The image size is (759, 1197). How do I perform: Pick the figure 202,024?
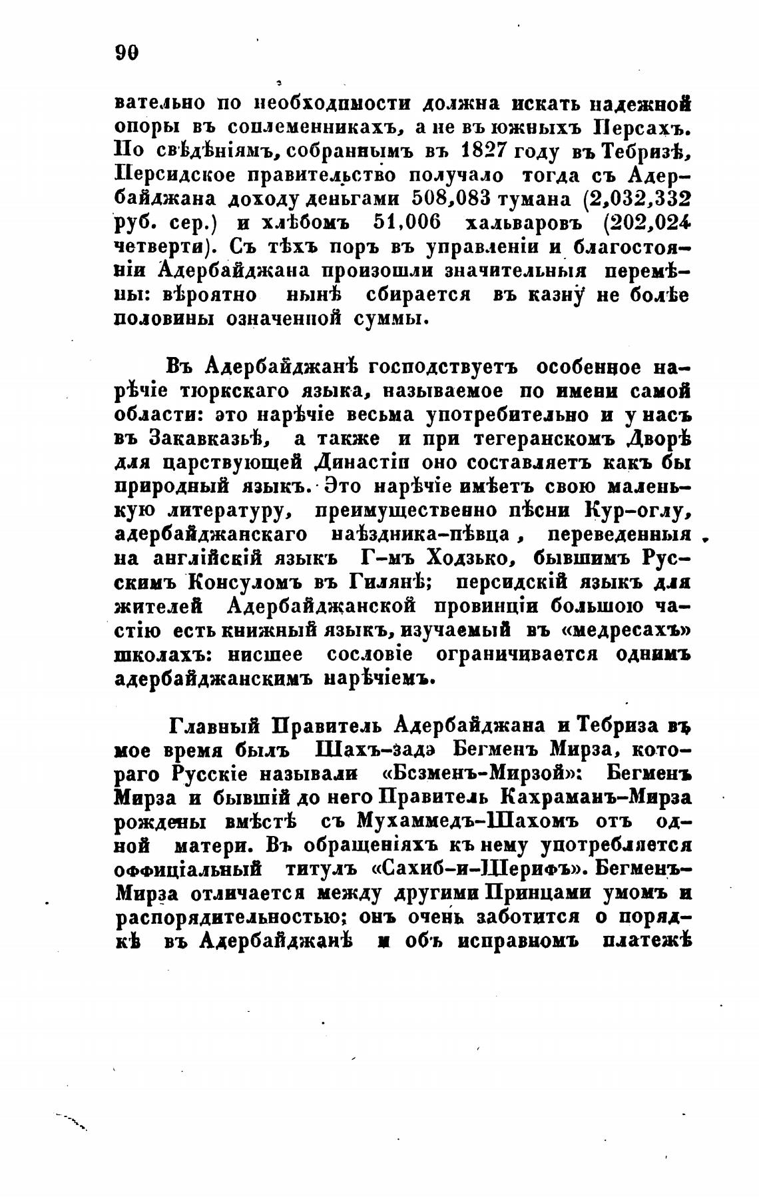pyautogui.click(x=642, y=222)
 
